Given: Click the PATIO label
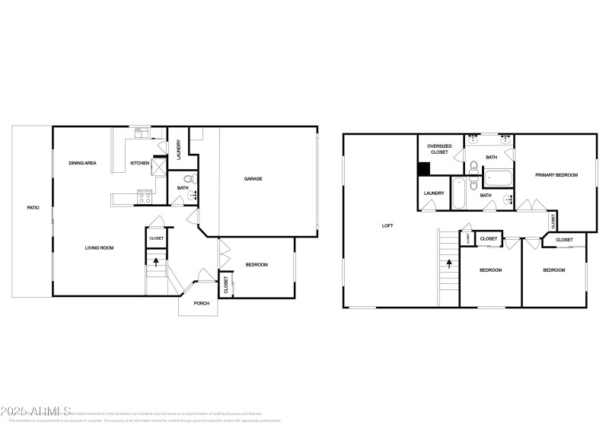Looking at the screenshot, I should pyautogui.click(x=33, y=207).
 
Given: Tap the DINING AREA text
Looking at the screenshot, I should pyautogui.click(x=82, y=163).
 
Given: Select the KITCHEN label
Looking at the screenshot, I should pyautogui.click(x=139, y=163).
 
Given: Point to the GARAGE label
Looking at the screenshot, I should pyautogui.click(x=253, y=179).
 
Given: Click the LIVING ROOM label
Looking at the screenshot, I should pyautogui.click(x=99, y=248).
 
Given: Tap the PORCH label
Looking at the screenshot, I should pyautogui.click(x=201, y=303).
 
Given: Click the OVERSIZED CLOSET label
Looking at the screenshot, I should pyautogui.click(x=440, y=148).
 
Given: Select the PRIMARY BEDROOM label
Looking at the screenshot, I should pyautogui.click(x=556, y=175).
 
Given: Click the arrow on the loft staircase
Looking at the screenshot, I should pyautogui.click(x=449, y=264).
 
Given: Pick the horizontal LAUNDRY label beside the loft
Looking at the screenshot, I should pyautogui.click(x=434, y=193).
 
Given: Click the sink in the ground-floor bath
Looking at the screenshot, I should pyautogui.click(x=193, y=196).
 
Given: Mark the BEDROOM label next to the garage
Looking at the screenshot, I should pyautogui.click(x=257, y=264).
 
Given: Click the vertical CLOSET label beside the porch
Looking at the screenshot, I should pyautogui.click(x=226, y=285).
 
